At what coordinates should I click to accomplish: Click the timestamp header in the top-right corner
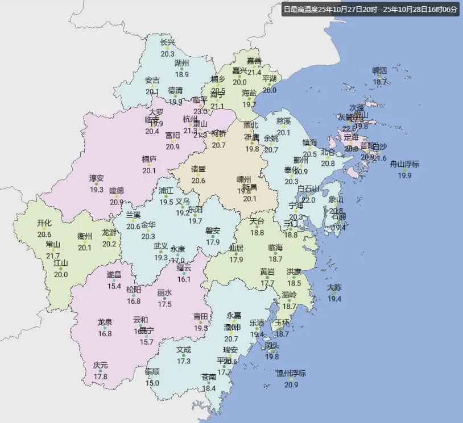[370, 10]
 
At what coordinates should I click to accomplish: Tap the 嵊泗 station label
[379, 71]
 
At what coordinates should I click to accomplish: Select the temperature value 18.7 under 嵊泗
[379, 82]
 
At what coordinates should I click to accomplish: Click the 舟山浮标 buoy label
[404, 165]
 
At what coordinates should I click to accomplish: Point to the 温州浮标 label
[291, 373]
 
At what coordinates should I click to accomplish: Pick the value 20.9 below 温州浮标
[291, 384]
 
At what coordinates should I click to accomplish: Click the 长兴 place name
[167, 43]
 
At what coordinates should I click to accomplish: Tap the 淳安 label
[96, 178]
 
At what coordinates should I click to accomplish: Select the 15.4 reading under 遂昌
[114, 286]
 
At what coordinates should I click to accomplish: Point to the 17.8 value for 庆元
[100, 376]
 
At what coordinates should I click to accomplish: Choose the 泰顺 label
[152, 371]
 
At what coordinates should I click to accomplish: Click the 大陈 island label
[334, 288]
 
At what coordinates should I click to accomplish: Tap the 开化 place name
[44, 223]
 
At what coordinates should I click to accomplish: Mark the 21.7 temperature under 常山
[52, 256]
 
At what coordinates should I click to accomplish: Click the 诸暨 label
[198, 169]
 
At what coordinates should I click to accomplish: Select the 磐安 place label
[213, 231]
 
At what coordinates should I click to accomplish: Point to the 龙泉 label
[105, 323]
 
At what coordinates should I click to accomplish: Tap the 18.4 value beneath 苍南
[209, 388]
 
